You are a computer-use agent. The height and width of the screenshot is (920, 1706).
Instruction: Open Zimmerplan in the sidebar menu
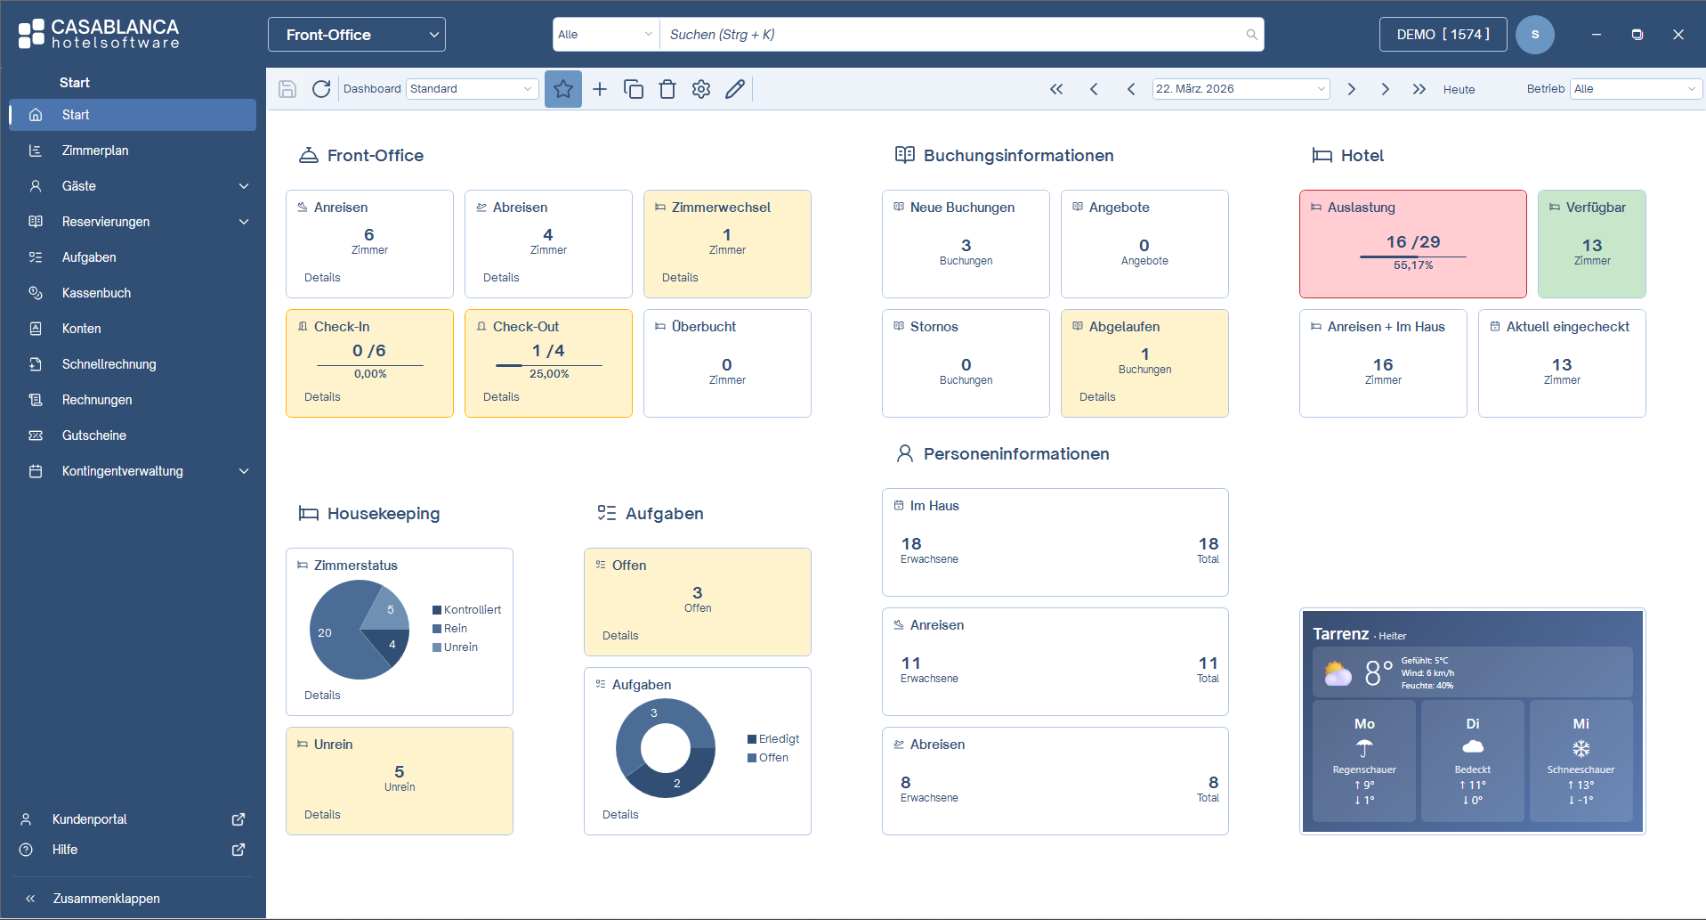pos(95,151)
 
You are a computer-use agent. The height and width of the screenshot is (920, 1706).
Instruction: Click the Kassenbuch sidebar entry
pos(96,293)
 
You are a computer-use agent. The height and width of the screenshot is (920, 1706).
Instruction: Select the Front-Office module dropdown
pos(356,35)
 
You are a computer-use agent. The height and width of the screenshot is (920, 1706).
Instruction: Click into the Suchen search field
pos(952,35)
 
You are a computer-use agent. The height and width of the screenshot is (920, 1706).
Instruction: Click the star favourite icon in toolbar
pos(562,89)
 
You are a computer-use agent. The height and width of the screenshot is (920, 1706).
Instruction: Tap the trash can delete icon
pos(667,89)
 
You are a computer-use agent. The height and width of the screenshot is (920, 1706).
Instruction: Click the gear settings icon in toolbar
pos(701,89)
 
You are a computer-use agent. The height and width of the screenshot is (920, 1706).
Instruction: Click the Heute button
pos(1459,89)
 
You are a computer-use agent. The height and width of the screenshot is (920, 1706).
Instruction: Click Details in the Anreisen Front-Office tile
pos(322,278)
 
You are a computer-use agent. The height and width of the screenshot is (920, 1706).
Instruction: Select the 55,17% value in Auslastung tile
pos(1412,265)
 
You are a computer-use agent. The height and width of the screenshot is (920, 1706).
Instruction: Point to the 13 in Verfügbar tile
pos(1591,245)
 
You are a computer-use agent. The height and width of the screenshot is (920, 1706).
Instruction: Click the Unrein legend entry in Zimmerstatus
pos(460,647)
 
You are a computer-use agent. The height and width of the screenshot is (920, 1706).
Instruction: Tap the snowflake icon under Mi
pos(1581,748)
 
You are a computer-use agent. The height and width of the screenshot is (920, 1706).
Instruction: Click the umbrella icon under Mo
pos(1364,748)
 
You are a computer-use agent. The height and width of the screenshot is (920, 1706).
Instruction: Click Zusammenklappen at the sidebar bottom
pos(106,899)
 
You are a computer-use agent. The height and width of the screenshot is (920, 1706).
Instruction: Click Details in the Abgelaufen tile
pos(1097,397)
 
